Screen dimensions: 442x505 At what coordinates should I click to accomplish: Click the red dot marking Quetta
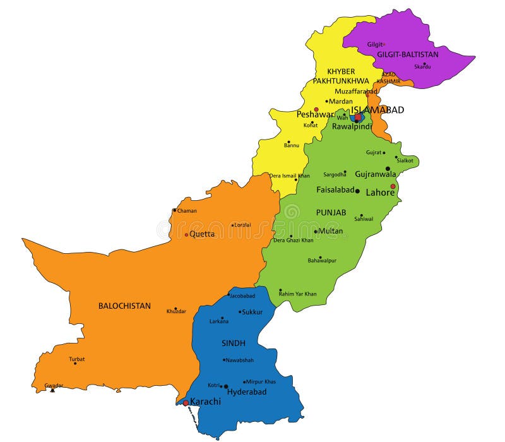point(186,234)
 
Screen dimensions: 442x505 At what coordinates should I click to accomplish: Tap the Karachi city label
point(205,402)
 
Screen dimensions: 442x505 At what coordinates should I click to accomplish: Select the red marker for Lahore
point(393,186)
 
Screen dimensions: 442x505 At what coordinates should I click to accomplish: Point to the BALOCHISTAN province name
point(124,306)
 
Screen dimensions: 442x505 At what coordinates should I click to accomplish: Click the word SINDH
point(233,343)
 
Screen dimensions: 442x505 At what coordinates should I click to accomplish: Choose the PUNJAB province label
point(331,213)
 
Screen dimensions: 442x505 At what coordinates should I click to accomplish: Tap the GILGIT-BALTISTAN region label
point(408,55)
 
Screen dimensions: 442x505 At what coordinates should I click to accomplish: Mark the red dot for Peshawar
point(316,109)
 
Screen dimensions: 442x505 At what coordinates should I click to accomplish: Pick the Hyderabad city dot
point(226,386)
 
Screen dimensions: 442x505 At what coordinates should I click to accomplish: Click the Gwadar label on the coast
point(54,385)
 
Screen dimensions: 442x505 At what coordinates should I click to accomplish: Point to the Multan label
point(331,231)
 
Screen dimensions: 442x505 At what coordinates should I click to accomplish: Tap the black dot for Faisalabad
point(357,191)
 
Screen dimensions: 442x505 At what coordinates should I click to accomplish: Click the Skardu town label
point(422,67)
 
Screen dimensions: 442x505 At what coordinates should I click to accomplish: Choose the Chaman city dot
point(175,210)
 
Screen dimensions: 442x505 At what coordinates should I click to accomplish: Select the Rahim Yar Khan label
point(298,294)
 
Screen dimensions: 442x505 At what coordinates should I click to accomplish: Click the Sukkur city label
point(252,312)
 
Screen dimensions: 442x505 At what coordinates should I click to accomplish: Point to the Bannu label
point(292,146)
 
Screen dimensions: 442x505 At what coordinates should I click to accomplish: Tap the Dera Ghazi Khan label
point(293,240)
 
